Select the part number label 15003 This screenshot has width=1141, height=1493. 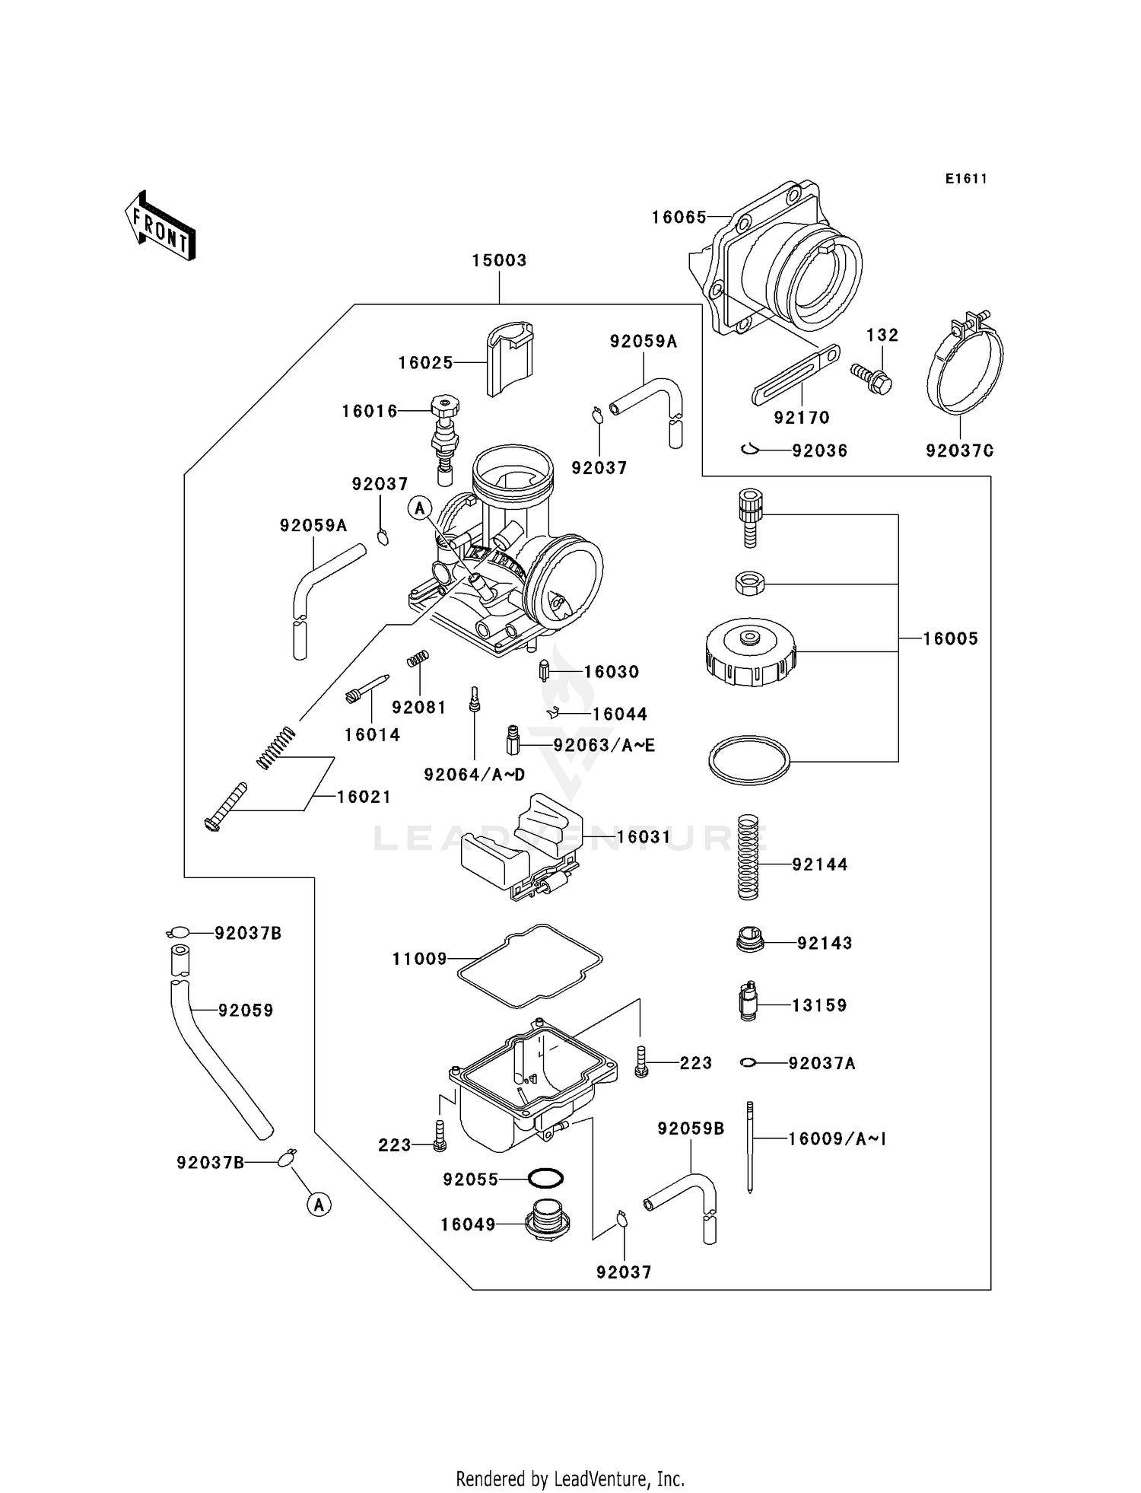pos(499,260)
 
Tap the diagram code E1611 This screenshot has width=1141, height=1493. pos(966,179)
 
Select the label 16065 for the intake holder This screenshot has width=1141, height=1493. pos(679,218)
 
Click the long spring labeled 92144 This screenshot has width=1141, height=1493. pos(748,858)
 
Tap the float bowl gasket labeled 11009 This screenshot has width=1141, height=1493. pos(530,965)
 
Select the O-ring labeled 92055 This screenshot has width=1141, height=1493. pos(545,1179)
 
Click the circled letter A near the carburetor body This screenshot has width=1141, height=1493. pos(420,508)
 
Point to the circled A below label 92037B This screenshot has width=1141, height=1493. pos(319,1204)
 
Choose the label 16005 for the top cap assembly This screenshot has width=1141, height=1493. pos(950,639)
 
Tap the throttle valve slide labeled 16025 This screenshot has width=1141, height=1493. pos(509,358)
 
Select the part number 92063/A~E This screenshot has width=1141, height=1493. pos(604,745)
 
